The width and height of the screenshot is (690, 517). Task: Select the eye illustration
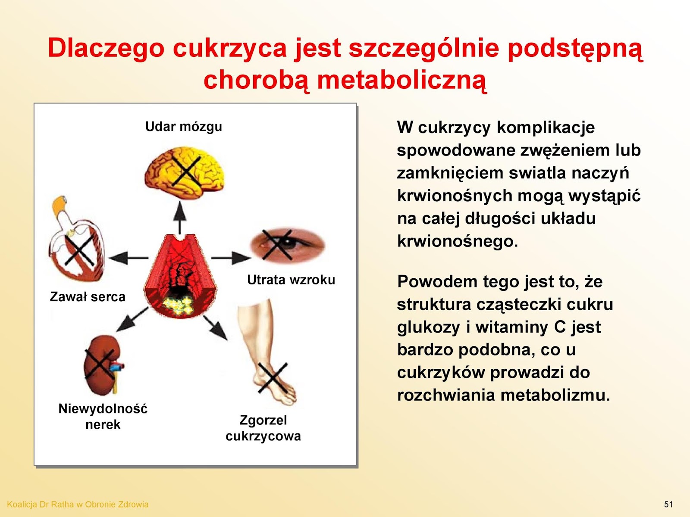click(x=287, y=245)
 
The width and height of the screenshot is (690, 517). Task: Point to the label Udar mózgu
click(x=184, y=127)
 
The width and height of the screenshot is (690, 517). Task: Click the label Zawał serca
click(x=88, y=297)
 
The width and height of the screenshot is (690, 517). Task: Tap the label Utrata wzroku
click(x=291, y=280)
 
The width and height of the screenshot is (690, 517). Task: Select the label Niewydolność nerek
click(x=103, y=417)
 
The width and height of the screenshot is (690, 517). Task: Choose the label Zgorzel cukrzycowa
click(x=263, y=428)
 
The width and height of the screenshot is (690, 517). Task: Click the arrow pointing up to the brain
click(x=180, y=217)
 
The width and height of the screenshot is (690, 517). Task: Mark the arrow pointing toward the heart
click(x=129, y=258)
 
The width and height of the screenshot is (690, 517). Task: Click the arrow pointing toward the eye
click(x=231, y=258)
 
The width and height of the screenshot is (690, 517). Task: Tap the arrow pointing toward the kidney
click(x=132, y=319)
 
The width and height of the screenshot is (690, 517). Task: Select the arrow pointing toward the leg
click(x=215, y=328)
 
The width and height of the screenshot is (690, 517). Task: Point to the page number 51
click(x=668, y=505)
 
